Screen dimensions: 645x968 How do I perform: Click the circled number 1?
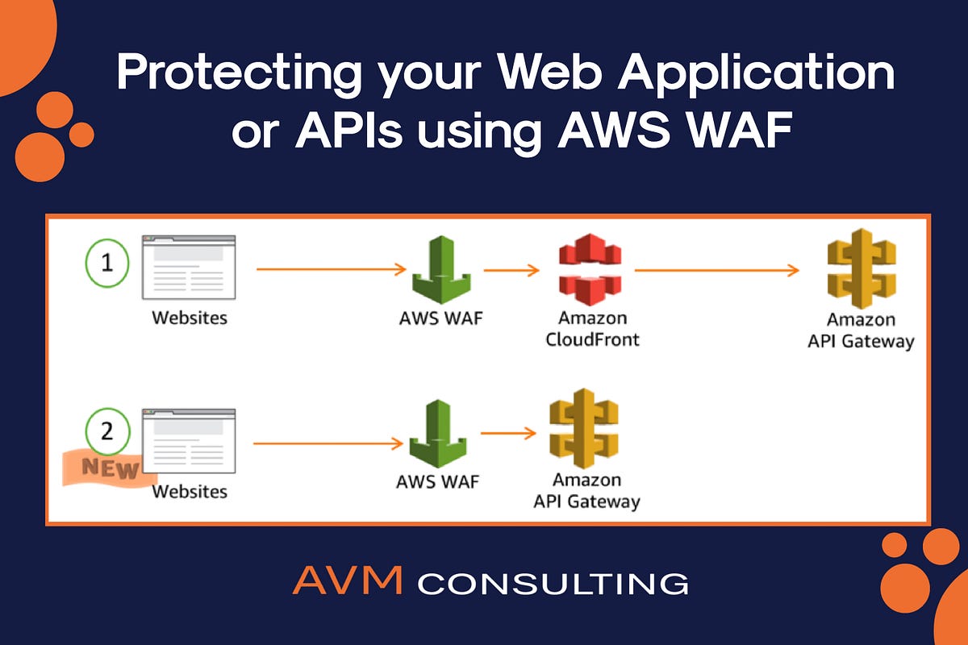(108, 264)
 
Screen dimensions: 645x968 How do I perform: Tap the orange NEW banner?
(109, 468)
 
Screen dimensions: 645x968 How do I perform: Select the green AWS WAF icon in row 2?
(438, 435)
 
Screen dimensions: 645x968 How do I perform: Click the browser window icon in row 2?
(189, 442)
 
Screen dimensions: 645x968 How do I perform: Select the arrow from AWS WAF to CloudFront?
(511, 271)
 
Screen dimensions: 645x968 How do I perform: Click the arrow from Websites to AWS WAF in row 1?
(331, 271)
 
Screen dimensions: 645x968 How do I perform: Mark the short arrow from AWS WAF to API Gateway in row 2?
(508, 434)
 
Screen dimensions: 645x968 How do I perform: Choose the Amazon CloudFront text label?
(592, 328)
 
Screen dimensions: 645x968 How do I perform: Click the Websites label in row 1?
(190, 318)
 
